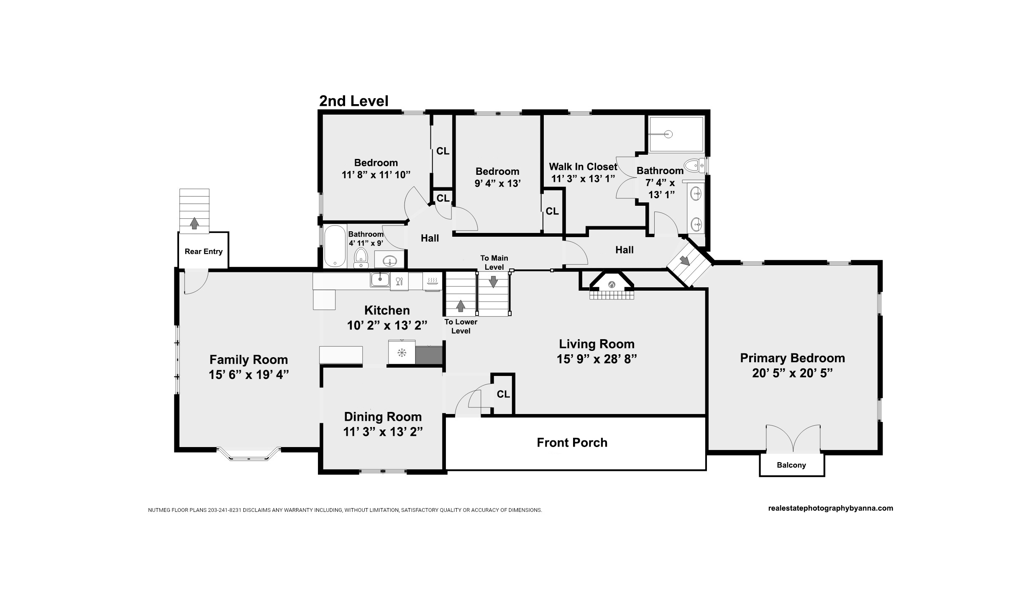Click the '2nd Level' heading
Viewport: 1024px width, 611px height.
(354, 101)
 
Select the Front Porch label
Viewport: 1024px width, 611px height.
(572, 442)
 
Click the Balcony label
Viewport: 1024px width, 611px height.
(791, 465)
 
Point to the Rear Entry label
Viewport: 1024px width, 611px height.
(203, 251)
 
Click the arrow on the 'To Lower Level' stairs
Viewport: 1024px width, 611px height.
(460, 306)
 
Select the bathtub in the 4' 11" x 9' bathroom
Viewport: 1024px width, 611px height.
(335, 246)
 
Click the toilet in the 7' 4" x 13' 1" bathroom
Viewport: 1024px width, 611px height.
(694, 166)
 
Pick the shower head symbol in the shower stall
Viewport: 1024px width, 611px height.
(668, 134)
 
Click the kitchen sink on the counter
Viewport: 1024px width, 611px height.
(380, 279)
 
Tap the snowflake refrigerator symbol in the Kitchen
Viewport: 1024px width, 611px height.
(402, 353)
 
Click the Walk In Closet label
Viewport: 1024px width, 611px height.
(583, 167)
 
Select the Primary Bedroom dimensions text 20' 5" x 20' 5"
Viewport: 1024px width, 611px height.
(792, 373)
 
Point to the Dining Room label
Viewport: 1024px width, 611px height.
(383, 417)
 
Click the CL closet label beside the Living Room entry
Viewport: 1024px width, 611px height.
(503, 394)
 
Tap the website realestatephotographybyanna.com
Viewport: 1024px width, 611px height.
(831, 508)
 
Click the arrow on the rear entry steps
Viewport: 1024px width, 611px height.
(194, 223)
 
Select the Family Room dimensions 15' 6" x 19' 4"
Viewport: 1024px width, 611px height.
(249, 375)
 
